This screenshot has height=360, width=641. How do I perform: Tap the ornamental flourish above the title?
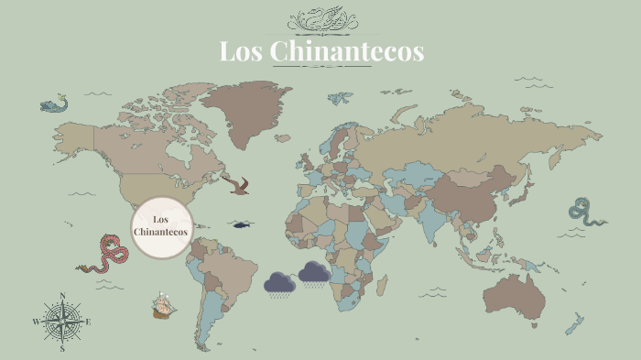click(x=320, y=20)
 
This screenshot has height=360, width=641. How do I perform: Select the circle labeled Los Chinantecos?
click(x=161, y=225)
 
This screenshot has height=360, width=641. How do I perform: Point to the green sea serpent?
click(x=583, y=212)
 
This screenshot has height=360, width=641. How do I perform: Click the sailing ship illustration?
click(x=164, y=304)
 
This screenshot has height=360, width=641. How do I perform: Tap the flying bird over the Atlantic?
click(x=239, y=186)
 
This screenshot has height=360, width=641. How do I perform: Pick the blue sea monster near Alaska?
click(x=54, y=104)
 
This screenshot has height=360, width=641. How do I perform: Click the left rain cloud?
click(x=279, y=283)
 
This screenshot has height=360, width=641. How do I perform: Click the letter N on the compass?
click(x=62, y=295)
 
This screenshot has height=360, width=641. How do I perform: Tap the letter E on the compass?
click(x=88, y=322)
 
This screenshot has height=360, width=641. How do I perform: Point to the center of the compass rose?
click(x=62, y=322)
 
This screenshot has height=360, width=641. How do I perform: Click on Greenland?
click(x=244, y=105)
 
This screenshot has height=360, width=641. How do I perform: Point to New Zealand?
click(x=574, y=323)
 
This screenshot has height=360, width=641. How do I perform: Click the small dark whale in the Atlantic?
click(x=242, y=224)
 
